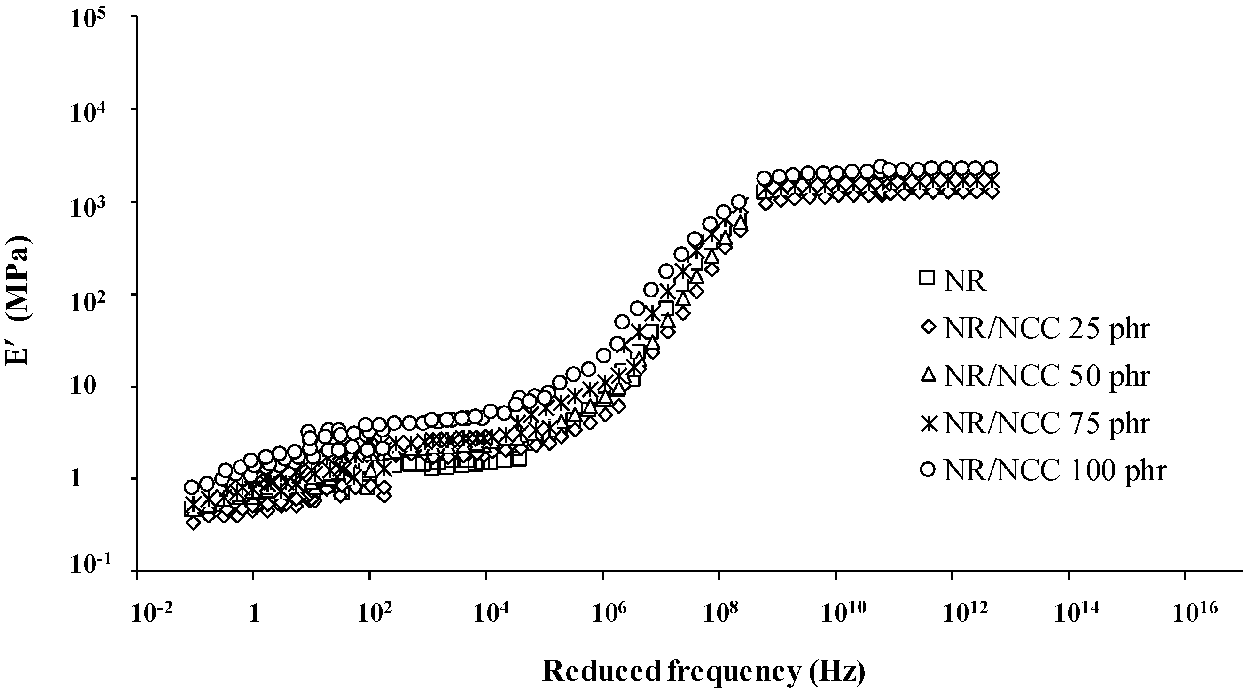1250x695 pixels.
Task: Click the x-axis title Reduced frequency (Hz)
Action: click(703, 672)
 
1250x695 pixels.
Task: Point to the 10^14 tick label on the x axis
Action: click(1070, 613)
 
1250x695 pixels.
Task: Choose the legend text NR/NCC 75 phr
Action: click(1046, 423)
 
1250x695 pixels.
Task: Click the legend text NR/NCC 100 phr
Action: click(1055, 470)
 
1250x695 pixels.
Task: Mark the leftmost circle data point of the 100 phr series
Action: click(192, 487)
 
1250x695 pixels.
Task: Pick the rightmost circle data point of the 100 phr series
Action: click(991, 167)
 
